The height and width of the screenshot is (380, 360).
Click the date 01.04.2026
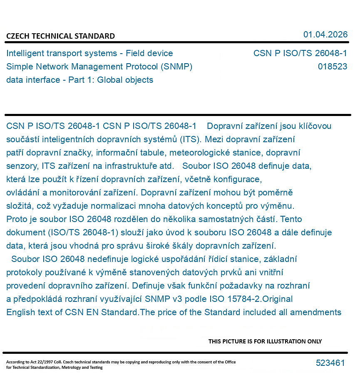[325, 35]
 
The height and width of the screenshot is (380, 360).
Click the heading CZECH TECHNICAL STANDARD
[60, 36]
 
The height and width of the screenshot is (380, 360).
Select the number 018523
[332, 67]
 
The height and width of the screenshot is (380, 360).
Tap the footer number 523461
[330, 363]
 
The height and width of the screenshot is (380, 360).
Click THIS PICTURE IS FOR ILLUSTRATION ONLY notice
[265, 341]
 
